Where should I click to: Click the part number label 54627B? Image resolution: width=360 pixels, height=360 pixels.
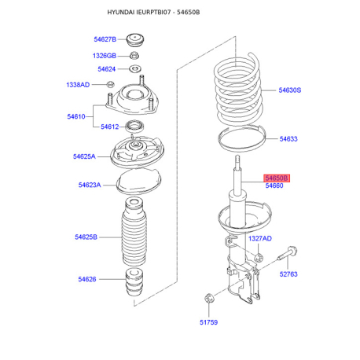pos(105,39)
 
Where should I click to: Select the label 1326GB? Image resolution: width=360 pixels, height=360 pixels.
pos(105,56)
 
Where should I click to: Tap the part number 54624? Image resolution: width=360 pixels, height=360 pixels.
pos(107,69)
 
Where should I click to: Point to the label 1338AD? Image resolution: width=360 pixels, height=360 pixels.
pos(78,85)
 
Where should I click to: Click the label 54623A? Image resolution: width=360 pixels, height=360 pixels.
pos(89,185)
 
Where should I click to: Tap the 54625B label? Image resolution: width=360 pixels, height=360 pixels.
pos(86,237)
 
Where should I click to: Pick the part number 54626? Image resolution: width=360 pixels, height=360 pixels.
pos(86,278)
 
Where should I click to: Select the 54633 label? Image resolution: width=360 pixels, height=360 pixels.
pos(288,139)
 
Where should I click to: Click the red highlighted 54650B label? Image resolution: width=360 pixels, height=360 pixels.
pos(277,178)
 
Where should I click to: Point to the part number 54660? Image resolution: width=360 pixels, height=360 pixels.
pos(274,186)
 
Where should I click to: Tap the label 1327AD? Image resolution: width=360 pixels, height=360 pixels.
pos(260,238)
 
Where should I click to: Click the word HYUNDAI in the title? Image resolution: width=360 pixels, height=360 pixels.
pos(125,13)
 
